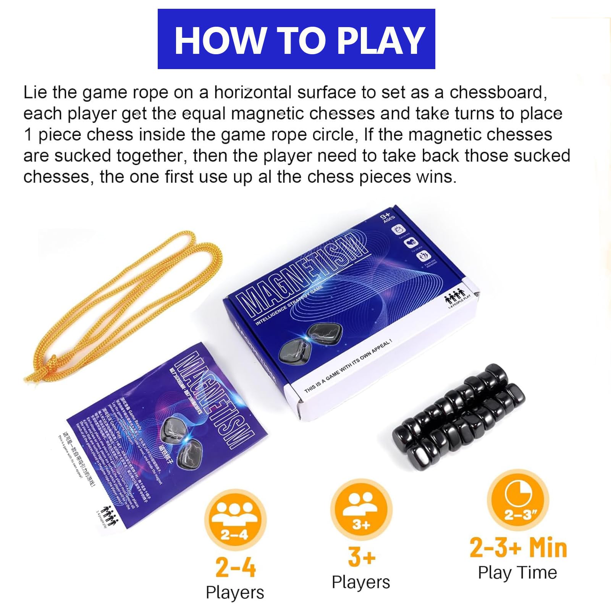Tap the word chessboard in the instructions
click(498, 93)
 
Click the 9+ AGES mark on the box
click(387, 218)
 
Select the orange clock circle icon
click(518, 500)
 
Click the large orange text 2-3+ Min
click(518, 548)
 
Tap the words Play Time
click(517, 573)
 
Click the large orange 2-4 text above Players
click(235, 567)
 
